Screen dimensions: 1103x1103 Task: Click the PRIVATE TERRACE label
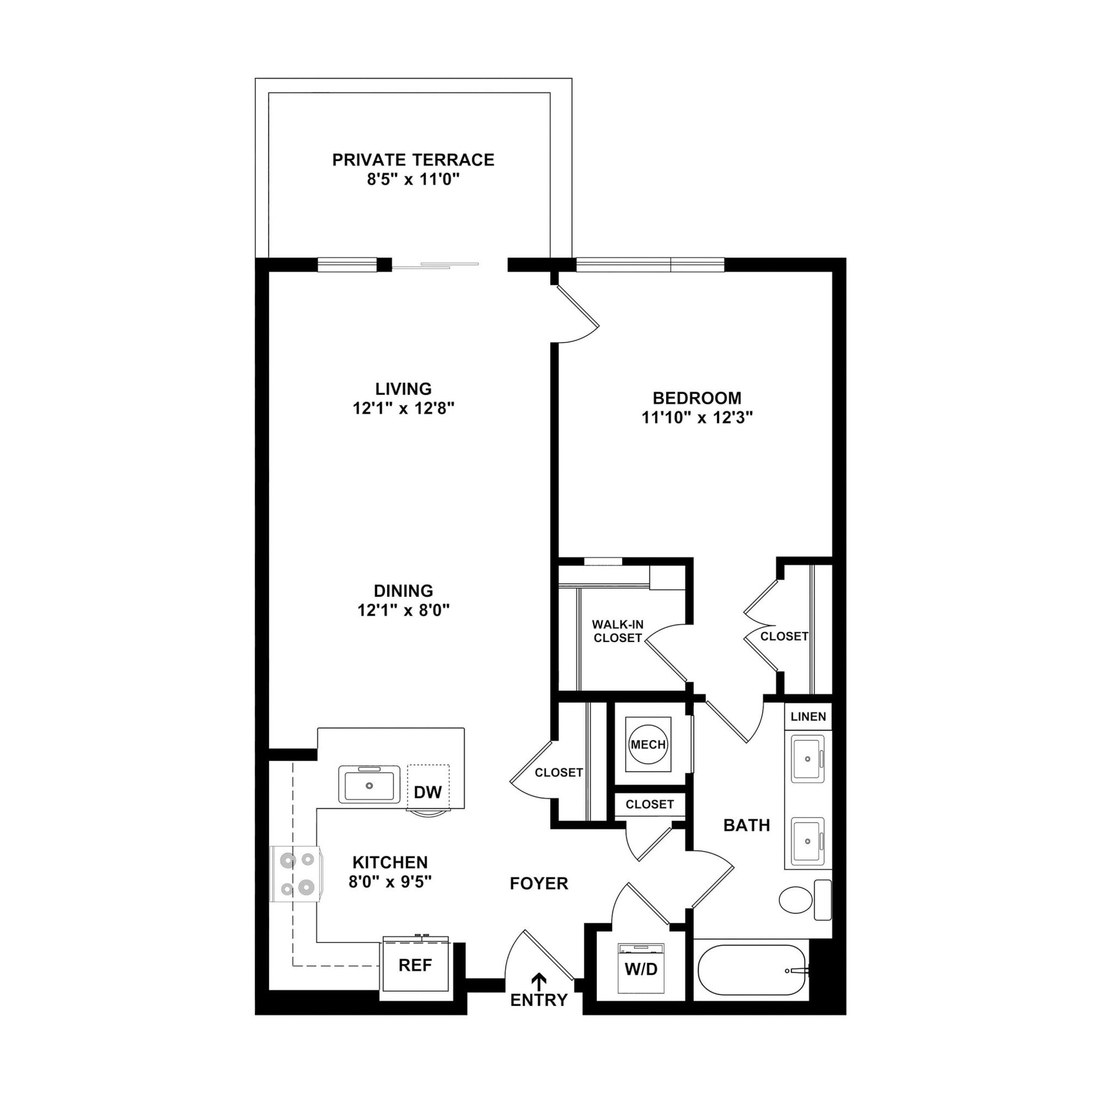click(x=413, y=160)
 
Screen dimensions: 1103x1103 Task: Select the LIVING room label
click(x=403, y=389)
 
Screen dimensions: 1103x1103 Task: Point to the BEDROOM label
click(x=696, y=398)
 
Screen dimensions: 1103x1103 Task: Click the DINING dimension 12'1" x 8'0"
click(x=403, y=611)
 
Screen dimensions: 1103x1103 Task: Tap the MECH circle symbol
click(x=647, y=744)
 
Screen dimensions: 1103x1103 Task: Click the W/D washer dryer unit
click(x=641, y=969)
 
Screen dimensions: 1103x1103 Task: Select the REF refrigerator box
click(x=415, y=966)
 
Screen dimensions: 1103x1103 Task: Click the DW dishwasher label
click(x=428, y=792)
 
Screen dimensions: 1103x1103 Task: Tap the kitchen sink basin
click(x=369, y=786)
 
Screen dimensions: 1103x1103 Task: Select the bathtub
click(x=751, y=970)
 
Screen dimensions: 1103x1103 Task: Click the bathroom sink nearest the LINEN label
click(x=807, y=759)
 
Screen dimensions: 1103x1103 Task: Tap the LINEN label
click(x=808, y=716)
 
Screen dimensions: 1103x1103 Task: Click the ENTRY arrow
click(x=539, y=980)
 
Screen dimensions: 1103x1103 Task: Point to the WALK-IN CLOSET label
click(x=618, y=631)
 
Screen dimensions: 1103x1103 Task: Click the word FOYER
click(x=539, y=884)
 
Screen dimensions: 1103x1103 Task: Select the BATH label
click(x=746, y=825)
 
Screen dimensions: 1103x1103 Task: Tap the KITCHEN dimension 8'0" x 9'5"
click(x=390, y=882)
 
